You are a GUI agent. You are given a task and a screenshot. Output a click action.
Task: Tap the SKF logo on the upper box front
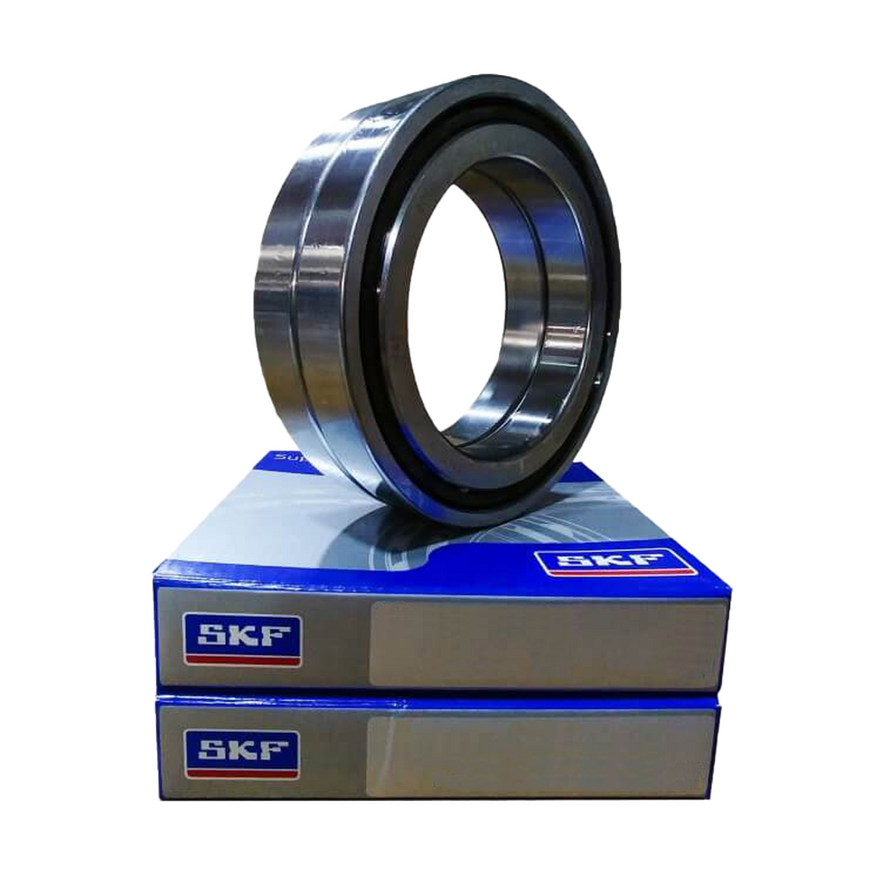[241, 639]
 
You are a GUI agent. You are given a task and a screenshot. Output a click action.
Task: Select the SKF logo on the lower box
[241, 751]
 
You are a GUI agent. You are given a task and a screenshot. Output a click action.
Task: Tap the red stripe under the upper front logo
[241, 659]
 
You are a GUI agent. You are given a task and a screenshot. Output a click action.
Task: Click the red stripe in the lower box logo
[241, 771]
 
